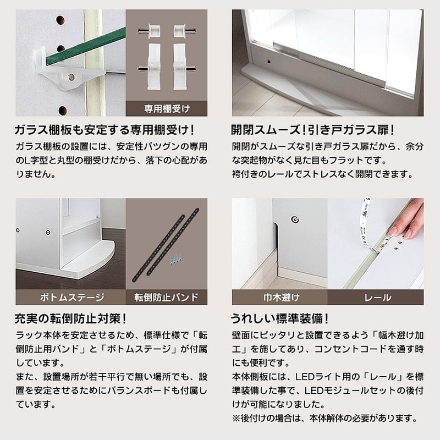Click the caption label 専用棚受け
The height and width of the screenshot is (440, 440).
click(x=167, y=108)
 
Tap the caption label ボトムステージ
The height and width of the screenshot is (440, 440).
click(x=72, y=297)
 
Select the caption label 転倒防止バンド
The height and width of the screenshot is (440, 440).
click(x=167, y=297)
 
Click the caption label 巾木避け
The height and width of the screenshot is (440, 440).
click(x=282, y=297)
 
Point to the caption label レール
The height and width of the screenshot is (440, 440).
click(x=378, y=298)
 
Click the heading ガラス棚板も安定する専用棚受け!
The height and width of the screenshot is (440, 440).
click(x=104, y=130)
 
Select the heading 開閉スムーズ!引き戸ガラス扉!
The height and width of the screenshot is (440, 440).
click(x=312, y=130)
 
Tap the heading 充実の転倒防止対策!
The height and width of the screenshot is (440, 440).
click(x=70, y=318)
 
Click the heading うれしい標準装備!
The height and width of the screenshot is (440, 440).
click(x=279, y=318)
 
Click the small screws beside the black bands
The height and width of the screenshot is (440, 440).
click(x=176, y=260)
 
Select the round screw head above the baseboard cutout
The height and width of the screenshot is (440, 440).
click(x=295, y=219)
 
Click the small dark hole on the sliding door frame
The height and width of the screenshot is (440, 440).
click(x=269, y=62)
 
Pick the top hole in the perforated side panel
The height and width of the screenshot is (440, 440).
click(x=61, y=20)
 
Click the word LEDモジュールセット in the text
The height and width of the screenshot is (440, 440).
click(x=351, y=391)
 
